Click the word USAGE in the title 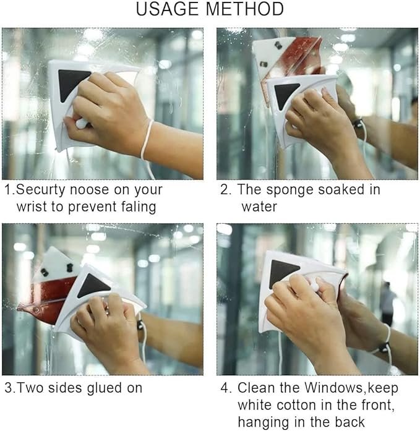[167, 9]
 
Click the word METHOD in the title [245, 9]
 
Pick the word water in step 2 [259, 207]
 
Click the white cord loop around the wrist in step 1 [146, 140]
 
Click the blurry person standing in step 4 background [388, 302]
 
